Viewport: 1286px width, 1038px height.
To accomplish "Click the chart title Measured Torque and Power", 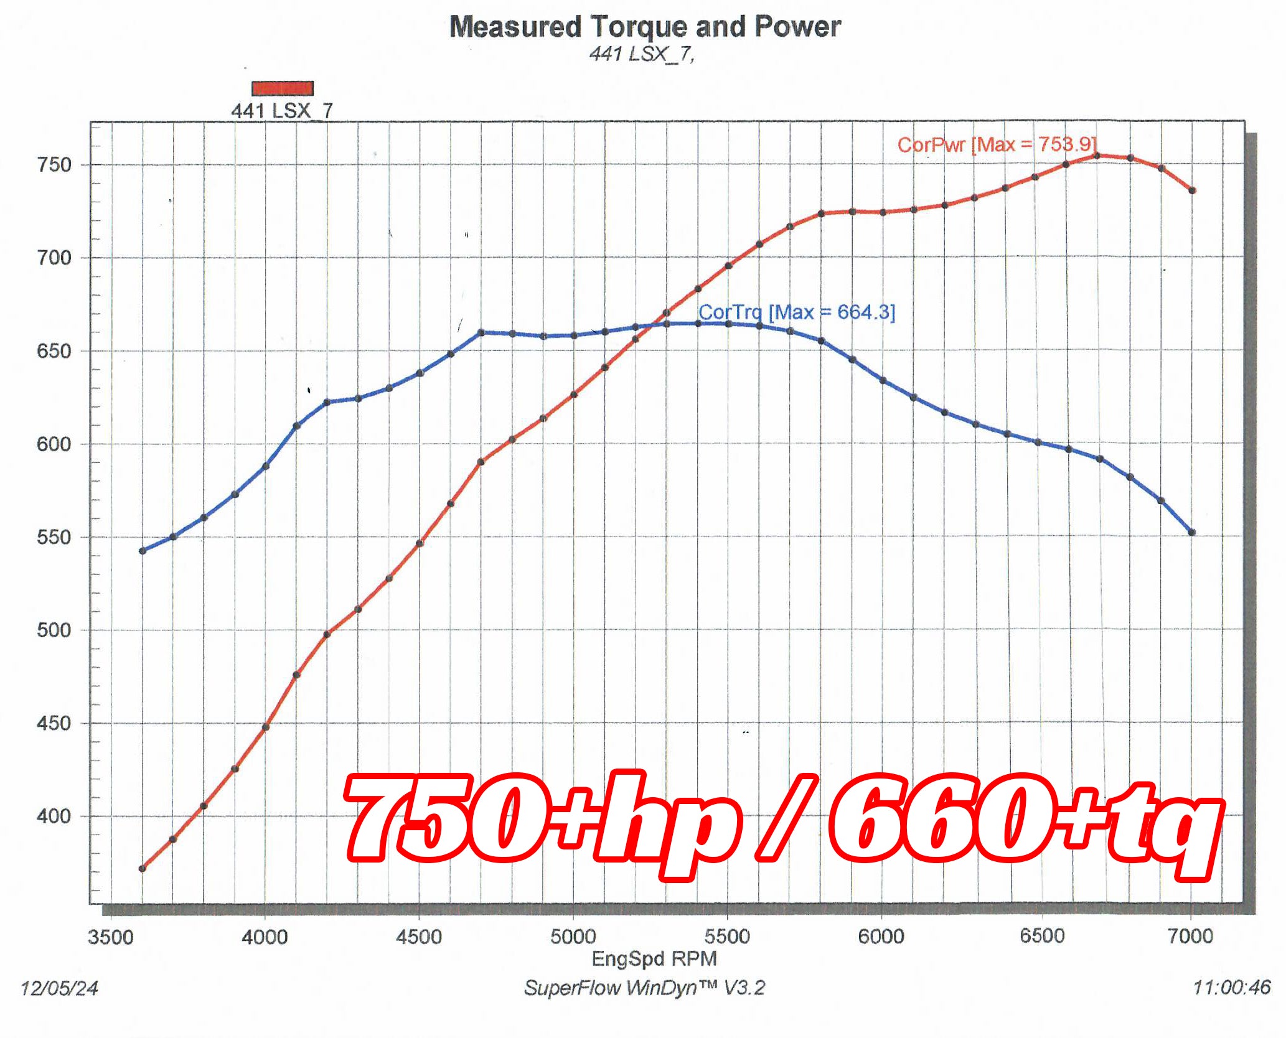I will pyautogui.click(x=645, y=27).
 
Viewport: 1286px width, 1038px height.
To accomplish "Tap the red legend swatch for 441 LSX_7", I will pyautogui.click(x=283, y=88).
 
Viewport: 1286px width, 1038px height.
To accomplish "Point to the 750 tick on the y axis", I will pyautogui.click(x=55, y=165).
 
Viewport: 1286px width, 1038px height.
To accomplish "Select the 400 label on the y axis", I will pyautogui.click(x=55, y=816).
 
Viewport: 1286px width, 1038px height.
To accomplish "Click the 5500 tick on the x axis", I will pyautogui.click(x=727, y=936).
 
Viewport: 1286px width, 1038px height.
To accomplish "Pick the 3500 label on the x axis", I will pyautogui.click(x=111, y=937).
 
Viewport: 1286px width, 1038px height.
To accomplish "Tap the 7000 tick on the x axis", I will pyautogui.click(x=1190, y=936).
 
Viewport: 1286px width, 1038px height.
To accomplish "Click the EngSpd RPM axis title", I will pyautogui.click(x=654, y=958).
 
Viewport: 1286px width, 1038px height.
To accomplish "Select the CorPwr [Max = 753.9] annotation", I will pyautogui.click(x=997, y=144).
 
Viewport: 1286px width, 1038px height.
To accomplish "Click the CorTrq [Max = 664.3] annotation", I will pyautogui.click(x=797, y=312).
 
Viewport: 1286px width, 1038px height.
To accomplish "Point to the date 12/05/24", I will pyautogui.click(x=59, y=988).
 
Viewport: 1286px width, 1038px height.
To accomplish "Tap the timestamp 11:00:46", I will pyautogui.click(x=1231, y=988).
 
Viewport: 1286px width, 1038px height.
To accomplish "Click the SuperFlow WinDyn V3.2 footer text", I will pyautogui.click(x=645, y=988).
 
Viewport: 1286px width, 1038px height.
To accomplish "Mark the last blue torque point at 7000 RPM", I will pyautogui.click(x=1192, y=533).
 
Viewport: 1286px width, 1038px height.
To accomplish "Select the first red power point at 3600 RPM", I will pyautogui.click(x=143, y=869).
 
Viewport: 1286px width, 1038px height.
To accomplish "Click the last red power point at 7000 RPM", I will pyautogui.click(x=1192, y=190).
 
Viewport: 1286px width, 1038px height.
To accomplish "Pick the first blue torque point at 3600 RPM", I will pyautogui.click(x=143, y=551).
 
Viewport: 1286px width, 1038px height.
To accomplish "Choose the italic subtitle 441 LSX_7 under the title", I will pyautogui.click(x=642, y=54).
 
